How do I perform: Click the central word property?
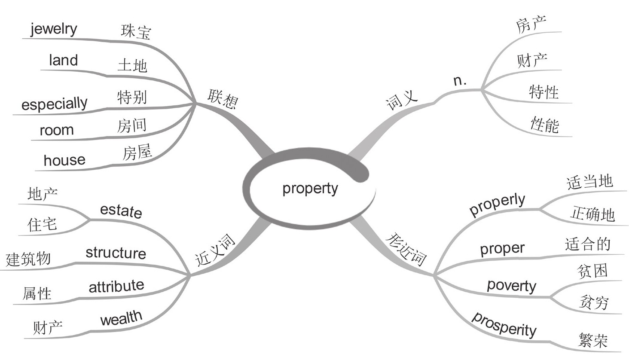pos(310,189)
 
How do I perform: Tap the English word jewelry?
pos(54,29)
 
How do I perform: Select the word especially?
pos(54,104)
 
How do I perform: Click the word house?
pos(64,160)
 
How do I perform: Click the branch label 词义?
pos(402,101)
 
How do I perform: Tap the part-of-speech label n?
pos(460,80)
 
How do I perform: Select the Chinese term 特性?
pos(544,92)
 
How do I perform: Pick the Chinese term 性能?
pos(544,125)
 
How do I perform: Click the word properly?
pos(497,204)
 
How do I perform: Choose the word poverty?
pos(511,286)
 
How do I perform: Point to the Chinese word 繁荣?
pos(593,340)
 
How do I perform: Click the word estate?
pos(121,211)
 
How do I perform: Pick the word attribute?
pos(116,286)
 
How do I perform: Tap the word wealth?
pos(121,318)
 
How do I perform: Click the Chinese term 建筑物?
pos(28,259)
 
